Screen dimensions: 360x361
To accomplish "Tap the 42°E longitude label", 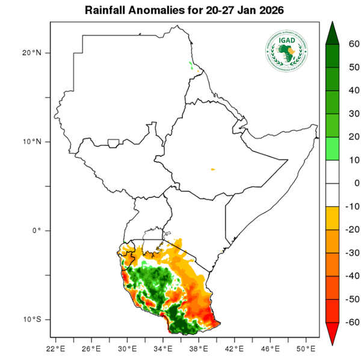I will click(x=234, y=347).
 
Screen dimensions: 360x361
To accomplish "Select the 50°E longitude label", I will click(x=305, y=347).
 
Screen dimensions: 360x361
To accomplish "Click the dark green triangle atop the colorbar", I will click(x=332, y=34).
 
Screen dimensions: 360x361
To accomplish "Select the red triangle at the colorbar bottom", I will click(x=332, y=334).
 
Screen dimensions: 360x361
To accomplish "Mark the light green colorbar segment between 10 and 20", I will click(x=332, y=148).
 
